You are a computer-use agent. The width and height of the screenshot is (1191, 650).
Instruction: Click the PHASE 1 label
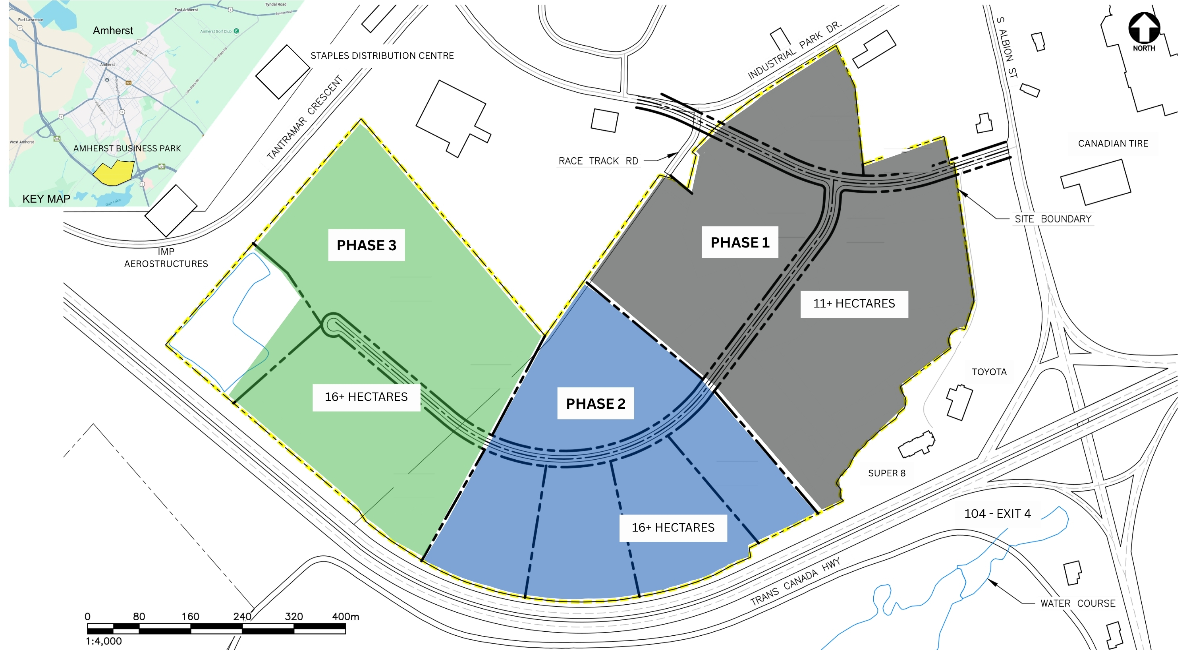[x=740, y=242]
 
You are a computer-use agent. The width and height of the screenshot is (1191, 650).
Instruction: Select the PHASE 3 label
[x=366, y=245]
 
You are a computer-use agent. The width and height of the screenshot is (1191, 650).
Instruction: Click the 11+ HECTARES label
[x=854, y=304]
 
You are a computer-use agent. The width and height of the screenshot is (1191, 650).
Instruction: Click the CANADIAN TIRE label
[x=1113, y=143]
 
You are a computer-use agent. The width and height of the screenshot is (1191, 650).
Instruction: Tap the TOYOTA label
[x=989, y=372]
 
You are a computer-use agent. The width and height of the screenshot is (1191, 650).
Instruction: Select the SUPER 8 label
[x=886, y=473]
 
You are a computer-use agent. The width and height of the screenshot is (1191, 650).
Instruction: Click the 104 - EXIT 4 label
[x=997, y=513]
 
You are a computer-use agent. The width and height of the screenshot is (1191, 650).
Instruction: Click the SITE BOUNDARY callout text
[x=1053, y=219]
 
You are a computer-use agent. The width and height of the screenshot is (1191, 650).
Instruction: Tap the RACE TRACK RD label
[x=598, y=161]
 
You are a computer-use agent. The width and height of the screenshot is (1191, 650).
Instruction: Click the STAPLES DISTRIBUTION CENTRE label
[x=382, y=56]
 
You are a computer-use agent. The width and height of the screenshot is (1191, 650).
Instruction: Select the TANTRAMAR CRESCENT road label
[x=305, y=118]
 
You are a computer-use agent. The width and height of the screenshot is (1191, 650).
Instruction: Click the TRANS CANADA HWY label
[x=795, y=582]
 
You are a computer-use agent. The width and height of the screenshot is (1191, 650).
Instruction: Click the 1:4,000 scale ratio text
[x=104, y=641]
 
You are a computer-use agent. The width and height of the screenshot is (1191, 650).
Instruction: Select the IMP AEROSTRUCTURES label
[x=166, y=258]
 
